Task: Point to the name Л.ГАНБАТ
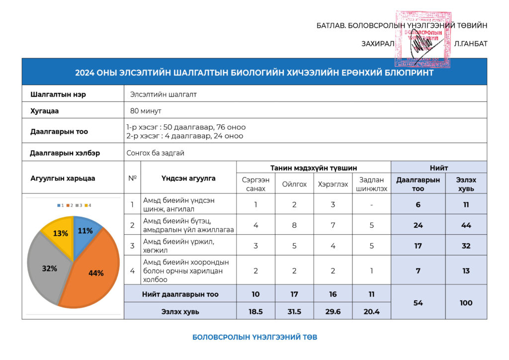[471, 44]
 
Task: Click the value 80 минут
[146, 110]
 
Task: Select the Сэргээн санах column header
[255, 184]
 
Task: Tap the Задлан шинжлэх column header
[371, 184]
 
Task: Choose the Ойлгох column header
[294, 184]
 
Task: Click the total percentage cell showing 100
[466, 303]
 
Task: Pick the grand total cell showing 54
[418, 303]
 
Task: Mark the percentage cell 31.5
[294, 311]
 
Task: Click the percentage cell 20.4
[371, 311]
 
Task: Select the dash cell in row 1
[371, 204]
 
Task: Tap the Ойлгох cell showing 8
[294, 225]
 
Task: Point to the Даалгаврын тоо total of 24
[418, 225]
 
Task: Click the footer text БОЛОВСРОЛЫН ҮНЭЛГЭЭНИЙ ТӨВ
[254, 337]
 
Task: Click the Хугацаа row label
[44, 110]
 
